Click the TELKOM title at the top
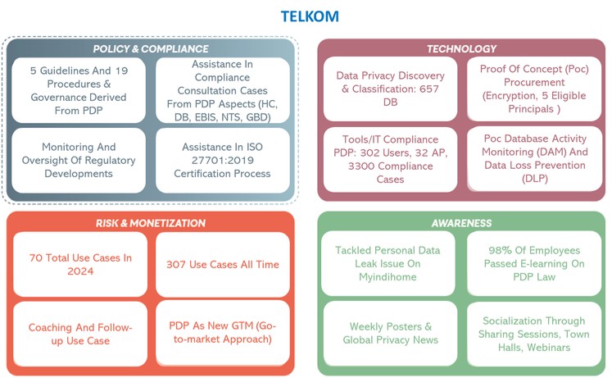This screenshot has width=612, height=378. pos(310,16)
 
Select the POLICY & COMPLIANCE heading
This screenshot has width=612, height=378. pos(151,49)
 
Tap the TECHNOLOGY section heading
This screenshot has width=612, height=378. pos(461,49)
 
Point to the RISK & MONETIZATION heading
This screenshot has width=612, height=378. pos(151,223)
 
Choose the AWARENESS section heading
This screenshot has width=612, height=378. pos(461,223)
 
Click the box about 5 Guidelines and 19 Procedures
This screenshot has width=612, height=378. pos(79,90)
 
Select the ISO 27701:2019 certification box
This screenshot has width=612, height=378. pos(223,161)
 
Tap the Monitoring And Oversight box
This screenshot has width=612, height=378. pos(79,161)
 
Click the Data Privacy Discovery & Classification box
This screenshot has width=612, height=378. pos(390,89)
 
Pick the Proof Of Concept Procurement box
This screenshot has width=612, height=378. pos(534,89)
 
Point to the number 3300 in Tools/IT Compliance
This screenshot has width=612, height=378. pos(361,166)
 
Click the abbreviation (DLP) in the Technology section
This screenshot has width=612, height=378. pos(535,179)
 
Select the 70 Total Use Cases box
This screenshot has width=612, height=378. pos(80,264)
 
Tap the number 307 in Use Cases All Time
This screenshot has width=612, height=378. pos(175,264)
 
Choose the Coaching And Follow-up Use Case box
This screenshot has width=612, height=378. pos(80,334)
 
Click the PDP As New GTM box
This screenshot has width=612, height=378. pos(223,333)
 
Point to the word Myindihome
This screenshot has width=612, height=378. pos(388,277)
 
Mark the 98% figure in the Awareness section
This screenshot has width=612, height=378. pos(499,250)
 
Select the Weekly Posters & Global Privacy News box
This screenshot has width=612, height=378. pos(390,333)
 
